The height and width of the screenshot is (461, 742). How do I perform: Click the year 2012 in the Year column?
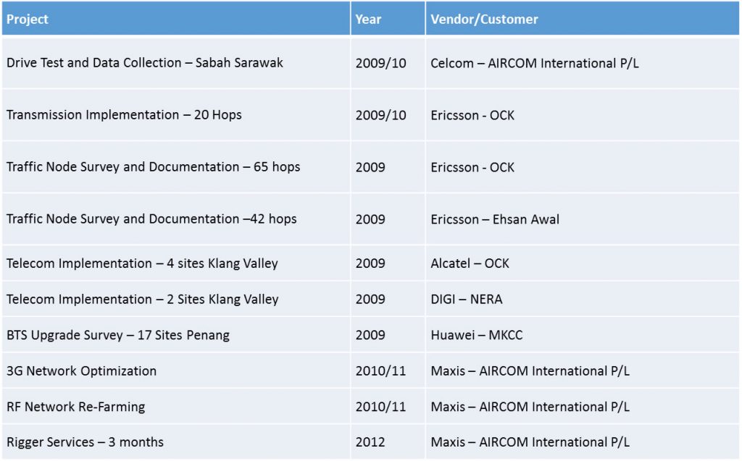click(x=370, y=442)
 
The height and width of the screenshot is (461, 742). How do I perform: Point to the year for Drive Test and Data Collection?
click(x=381, y=63)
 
